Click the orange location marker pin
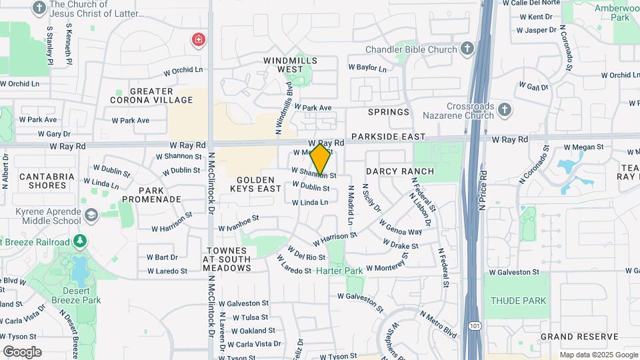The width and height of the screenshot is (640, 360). click(321, 159)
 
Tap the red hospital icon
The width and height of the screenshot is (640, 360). click(198, 40)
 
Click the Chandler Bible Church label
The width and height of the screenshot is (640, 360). click(411, 49)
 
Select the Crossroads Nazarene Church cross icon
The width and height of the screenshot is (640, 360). click(505, 109)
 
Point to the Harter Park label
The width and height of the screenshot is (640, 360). click(339, 271)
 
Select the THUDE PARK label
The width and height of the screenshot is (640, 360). click(518, 301)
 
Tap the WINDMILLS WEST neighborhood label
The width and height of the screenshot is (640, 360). click(291, 64)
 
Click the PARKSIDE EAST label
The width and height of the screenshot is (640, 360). click(388, 137)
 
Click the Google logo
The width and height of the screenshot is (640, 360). click(22, 351)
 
